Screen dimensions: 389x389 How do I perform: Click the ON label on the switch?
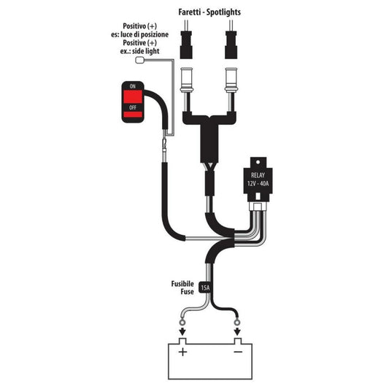[x=133, y=86]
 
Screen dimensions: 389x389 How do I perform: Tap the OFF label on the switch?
[x=133, y=107]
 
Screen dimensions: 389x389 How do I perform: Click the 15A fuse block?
[x=205, y=288]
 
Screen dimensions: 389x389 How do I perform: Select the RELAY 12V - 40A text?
[x=258, y=180]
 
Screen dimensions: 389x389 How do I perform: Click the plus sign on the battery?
[x=183, y=352]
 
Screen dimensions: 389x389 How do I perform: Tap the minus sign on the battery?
[x=238, y=352]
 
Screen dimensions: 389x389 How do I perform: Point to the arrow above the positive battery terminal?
[x=183, y=331]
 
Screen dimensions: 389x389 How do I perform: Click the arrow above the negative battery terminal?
[x=238, y=331]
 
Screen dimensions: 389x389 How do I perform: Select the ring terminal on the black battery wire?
[x=237, y=323]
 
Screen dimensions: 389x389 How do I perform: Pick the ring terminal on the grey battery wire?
[x=183, y=323]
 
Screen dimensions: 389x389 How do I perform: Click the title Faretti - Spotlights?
[x=209, y=12]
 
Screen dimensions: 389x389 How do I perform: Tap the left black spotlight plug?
[x=186, y=45]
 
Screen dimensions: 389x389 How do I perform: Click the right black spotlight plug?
[x=231, y=45]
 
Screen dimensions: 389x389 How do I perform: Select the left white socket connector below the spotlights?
[x=186, y=80]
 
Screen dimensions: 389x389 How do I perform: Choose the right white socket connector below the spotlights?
[x=231, y=80]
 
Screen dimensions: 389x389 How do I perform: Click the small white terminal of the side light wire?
[x=140, y=61]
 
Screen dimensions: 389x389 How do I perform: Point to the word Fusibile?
[x=182, y=284]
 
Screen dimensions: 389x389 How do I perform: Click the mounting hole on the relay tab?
[x=258, y=162]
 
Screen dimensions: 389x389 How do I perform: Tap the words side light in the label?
[x=145, y=51]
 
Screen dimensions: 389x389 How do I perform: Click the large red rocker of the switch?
[x=133, y=97]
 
